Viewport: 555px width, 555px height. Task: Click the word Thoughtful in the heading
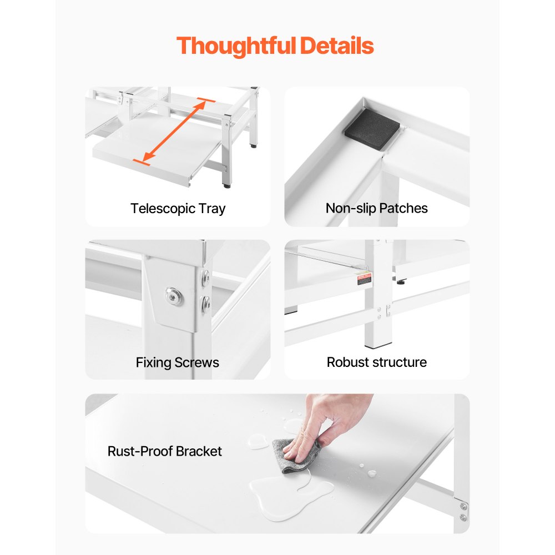click(236, 47)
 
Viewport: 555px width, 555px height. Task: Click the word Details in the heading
click(337, 46)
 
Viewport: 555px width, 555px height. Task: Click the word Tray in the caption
click(211, 209)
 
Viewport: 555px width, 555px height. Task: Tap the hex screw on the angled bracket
click(174, 296)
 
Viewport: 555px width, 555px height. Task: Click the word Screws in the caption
click(197, 362)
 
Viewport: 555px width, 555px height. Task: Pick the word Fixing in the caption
click(154, 363)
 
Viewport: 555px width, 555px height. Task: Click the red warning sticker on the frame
click(364, 279)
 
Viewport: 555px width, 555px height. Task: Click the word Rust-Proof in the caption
click(140, 451)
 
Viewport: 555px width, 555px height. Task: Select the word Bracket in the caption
click(199, 451)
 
